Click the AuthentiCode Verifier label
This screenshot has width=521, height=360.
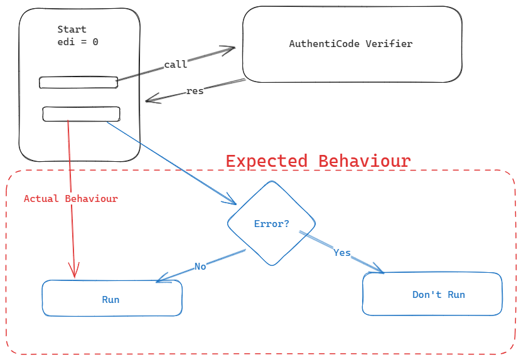click(351, 44)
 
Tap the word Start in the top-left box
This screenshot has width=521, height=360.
click(72, 29)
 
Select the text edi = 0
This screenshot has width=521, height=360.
click(78, 42)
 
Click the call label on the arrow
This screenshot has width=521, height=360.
click(176, 65)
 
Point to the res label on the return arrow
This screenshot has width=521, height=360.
click(195, 91)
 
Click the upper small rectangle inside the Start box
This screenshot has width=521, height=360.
click(78, 83)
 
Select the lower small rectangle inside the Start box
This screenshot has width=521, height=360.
click(82, 114)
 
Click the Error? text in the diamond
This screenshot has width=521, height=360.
click(271, 224)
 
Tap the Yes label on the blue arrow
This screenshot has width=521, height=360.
click(342, 253)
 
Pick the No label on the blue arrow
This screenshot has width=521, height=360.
click(200, 267)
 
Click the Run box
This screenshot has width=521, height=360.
click(112, 298)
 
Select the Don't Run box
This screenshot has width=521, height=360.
click(432, 294)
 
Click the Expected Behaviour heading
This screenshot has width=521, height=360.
click(318, 161)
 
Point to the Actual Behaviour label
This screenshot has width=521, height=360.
click(71, 199)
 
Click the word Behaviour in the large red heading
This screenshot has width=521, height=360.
click(365, 161)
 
